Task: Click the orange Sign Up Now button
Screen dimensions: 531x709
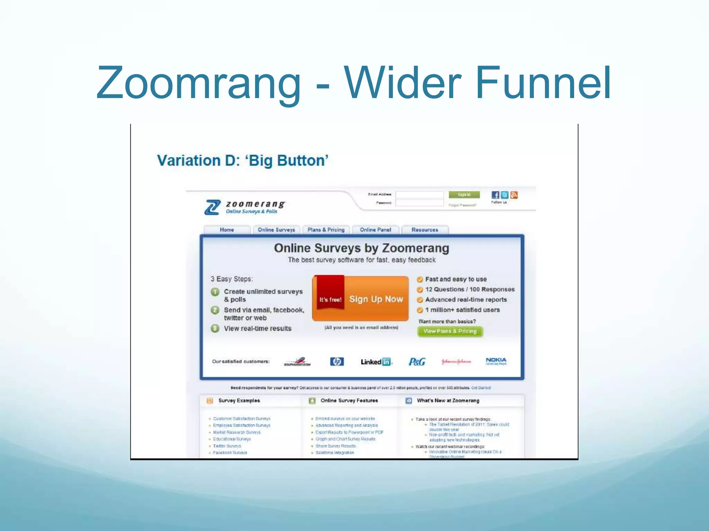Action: click(376, 299)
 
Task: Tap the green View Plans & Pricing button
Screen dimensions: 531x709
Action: click(450, 331)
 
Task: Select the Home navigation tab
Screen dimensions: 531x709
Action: click(227, 230)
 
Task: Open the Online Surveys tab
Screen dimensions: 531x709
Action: click(276, 230)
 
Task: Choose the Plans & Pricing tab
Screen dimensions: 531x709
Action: click(326, 230)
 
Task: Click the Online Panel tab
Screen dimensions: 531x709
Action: click(375, 230)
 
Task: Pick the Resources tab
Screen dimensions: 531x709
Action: click(425, 230)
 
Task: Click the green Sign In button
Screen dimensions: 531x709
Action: click(464, 195)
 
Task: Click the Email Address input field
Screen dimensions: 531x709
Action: click(419, 195)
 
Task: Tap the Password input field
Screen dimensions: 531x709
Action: click(419, 203)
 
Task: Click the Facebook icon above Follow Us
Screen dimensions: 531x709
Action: click(495, 195)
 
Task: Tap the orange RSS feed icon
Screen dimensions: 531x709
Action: click(514, 195)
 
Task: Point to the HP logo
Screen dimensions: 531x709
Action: click(337, 362)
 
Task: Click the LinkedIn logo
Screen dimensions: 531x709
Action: click(376, 362)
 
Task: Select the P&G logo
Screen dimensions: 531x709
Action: click(417, 362)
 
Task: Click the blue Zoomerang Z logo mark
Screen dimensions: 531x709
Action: click(212, 207)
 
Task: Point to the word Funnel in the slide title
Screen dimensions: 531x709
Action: click(543, 83)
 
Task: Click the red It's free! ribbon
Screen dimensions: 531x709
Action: click(330, 294)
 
